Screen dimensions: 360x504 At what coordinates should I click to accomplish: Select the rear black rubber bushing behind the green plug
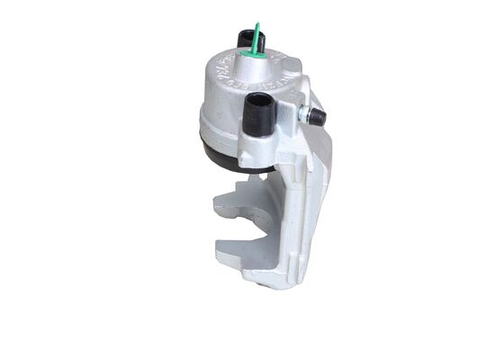pos(247,39)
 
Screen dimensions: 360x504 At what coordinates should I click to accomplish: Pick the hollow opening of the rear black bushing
pos(247,33)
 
